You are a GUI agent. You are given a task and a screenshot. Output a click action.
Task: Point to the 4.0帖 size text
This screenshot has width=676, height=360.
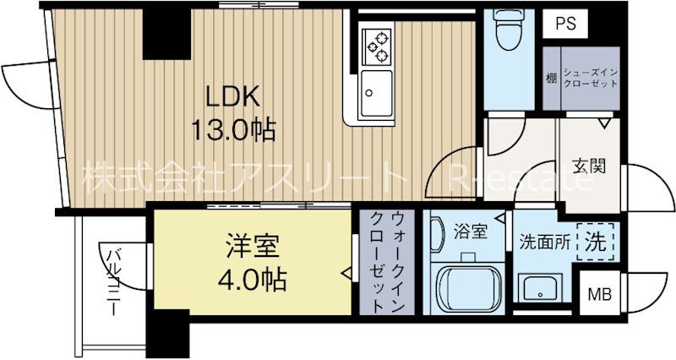[251, 278]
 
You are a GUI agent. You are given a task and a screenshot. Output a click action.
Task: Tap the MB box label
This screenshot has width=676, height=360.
[600, 295]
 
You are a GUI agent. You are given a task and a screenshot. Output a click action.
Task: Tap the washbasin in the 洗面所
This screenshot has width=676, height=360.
[537, 288]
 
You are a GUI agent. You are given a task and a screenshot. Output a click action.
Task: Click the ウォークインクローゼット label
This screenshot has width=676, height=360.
[381, 261]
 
